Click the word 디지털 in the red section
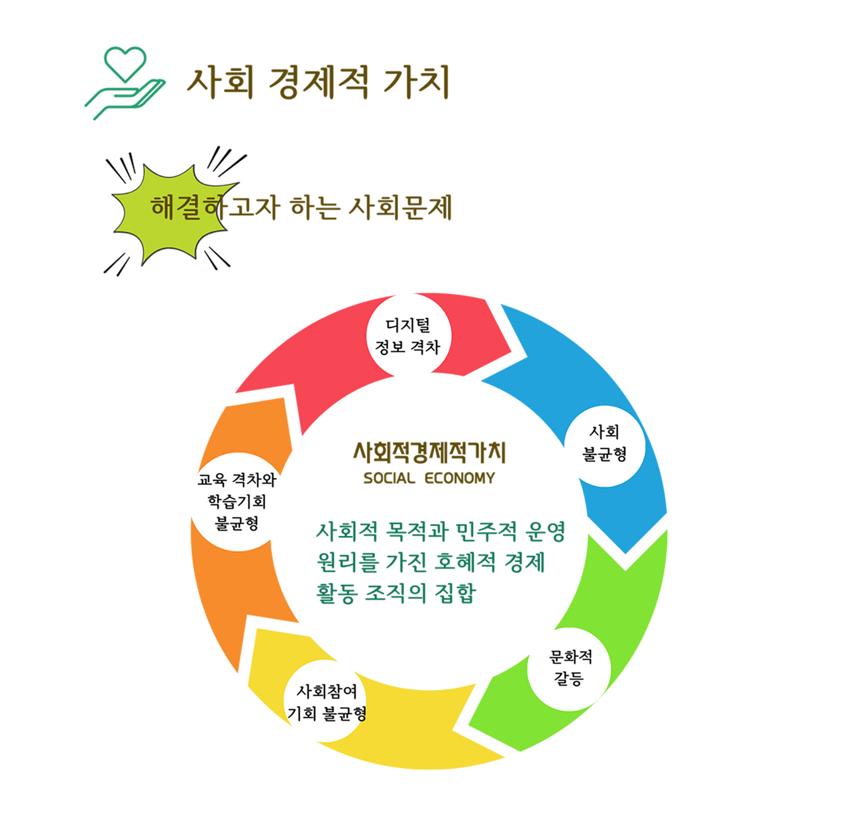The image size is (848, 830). [x=408, y=325]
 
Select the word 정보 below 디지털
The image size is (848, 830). [x=390, y=347]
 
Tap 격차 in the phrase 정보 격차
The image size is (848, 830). [x=425, y=347]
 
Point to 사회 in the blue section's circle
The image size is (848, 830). [x=604, y=433]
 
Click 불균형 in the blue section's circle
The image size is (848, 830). [x=604, y=454]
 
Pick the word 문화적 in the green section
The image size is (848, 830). [x=570, y=657]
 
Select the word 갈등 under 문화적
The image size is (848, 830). [x=569, y=679]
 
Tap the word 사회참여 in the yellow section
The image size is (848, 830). [x=327, y=692]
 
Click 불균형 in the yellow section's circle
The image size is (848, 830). [x=344, y=713]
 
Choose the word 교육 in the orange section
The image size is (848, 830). [x=212, y=480]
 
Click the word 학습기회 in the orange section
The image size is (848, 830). [x=237, y=502]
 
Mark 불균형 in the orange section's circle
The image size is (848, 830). [x=237, y=524]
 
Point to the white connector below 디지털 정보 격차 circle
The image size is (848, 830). [x=413, y=391]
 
